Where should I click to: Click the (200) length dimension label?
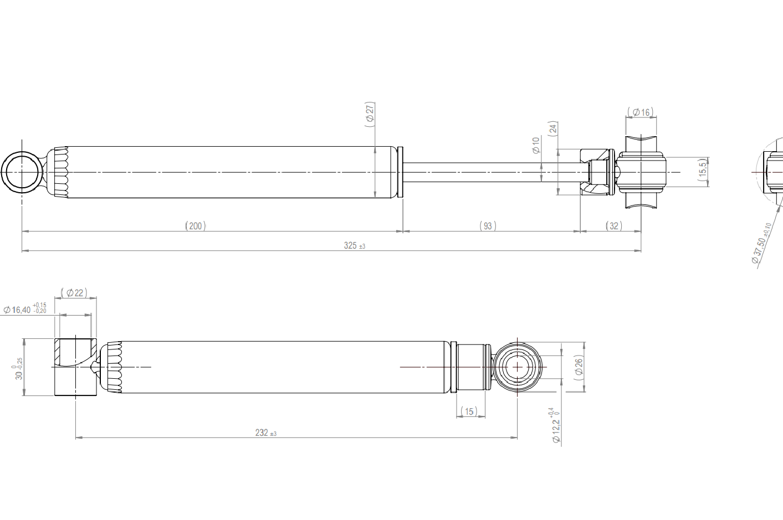click(196, 226)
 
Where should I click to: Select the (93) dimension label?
click(488, 226)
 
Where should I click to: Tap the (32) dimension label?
click(614, 226)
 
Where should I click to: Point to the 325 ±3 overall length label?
click(355, 245)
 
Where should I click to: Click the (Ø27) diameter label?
click(370, 115)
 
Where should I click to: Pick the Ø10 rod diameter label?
click(536, 145)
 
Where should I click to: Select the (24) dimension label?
click(553, 129)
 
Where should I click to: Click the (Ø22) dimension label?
click(74, 292)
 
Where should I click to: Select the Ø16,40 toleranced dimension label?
click(24, 309)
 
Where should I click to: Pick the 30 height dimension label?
click(18, 368)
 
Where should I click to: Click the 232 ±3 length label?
click(265, 433)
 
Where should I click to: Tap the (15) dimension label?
click(469, 411)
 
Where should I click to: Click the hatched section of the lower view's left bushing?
click(58, 352)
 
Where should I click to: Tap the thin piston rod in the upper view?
click(495, 172)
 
